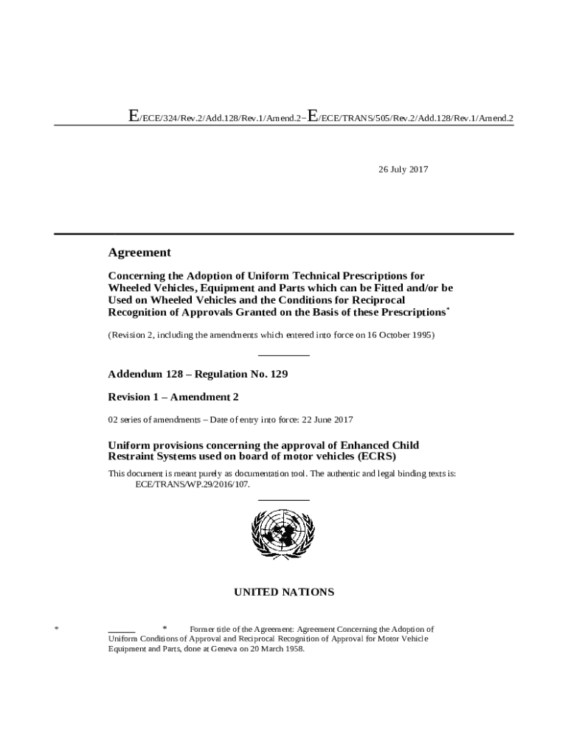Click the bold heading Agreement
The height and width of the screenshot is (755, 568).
pyautogui.click(x=139, y=253)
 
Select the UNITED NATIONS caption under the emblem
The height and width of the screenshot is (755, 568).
pyautogui.click(x=284, y=592)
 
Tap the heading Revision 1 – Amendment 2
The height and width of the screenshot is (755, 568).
pyautogui.click(x=173, y=397)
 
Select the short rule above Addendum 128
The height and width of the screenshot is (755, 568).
pyautogui.click(x=283, y=357)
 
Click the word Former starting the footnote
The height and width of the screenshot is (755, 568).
pyautogui.click(x=204, y=630)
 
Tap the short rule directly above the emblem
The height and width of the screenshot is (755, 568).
pyautogui.click(x=283, y=501)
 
